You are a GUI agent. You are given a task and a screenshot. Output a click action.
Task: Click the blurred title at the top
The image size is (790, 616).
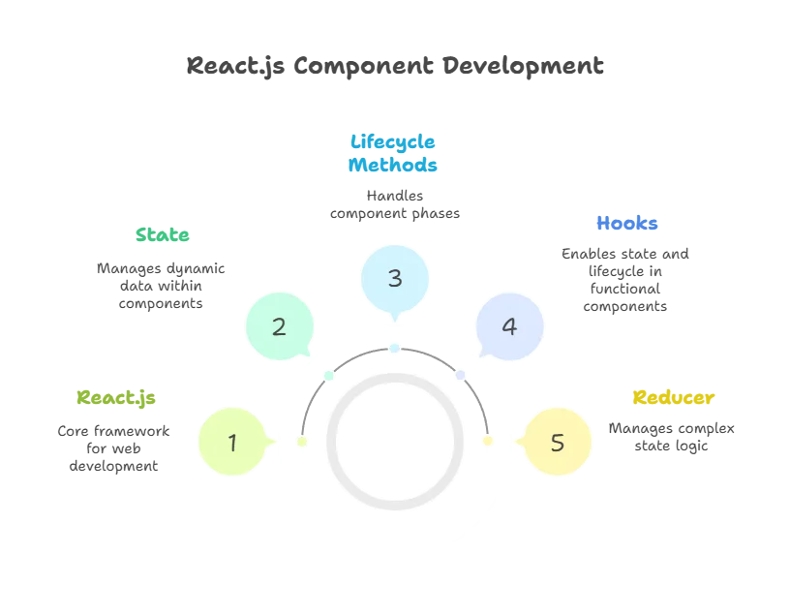click(394, 68)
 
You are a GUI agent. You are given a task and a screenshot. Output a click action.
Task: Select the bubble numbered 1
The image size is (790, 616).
click(232, 443)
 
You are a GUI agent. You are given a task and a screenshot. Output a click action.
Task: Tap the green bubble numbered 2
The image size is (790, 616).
click(279, 326)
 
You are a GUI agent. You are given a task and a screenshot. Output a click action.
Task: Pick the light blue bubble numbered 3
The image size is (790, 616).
click(394, 278)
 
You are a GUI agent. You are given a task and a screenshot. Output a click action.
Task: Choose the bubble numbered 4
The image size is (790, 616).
click(509, 326)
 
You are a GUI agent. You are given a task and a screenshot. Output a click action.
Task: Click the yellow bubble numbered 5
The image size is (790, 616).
click(557, 443)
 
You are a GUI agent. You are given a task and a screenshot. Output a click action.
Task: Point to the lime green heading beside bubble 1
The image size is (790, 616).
click(117, 397)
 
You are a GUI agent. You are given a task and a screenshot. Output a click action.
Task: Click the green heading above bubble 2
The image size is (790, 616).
click(163, 235)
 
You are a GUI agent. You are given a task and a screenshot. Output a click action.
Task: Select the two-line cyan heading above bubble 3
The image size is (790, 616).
click(394, 153)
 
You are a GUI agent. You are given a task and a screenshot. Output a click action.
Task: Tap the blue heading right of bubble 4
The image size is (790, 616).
click(626, 224)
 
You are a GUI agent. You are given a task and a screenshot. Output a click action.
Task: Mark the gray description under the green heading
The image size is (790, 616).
click(163, 283)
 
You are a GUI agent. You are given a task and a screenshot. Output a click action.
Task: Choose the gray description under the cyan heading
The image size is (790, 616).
click(394, 204)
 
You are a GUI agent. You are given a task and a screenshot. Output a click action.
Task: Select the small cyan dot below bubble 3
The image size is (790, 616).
click(394, 347)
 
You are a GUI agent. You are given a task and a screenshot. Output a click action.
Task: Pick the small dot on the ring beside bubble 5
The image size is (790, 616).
click(487, 441)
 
